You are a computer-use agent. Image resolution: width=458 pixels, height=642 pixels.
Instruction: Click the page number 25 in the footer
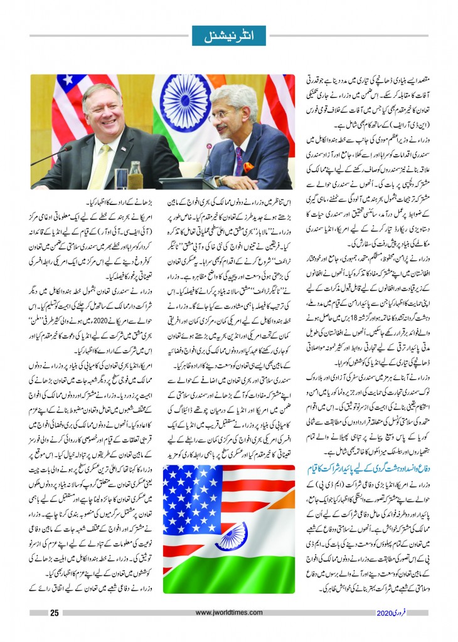(x=55, y=613)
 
